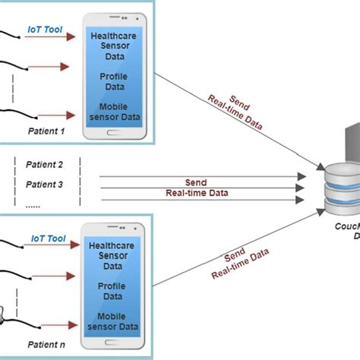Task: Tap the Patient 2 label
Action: click(x=44, y=165)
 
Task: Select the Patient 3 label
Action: click(x=44, y=184)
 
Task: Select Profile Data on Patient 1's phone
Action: click(x=112, y=81)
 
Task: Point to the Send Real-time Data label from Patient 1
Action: click(x=232, y=109)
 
